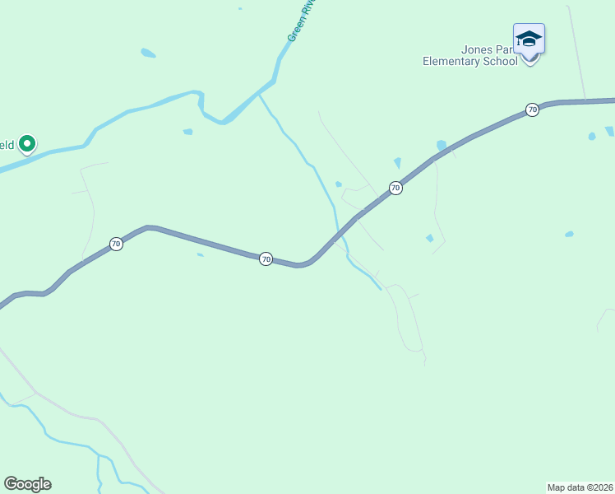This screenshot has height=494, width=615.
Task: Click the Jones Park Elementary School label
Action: [x=470, y=55]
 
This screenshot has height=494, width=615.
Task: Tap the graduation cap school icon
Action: [x=529, y=39]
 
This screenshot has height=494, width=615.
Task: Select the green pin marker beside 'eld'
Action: [x=27, y=145]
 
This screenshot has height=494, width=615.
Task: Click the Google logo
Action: [x=27, y=484]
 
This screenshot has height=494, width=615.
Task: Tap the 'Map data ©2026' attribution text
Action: [x=580, y=487]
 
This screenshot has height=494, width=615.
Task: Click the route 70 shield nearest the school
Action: [x=532, y=110]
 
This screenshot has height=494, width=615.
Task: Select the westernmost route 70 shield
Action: [x=116, y=244]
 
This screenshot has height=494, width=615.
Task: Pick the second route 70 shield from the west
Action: [x=266, y=259]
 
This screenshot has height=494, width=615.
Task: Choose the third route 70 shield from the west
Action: [x=395, y=188]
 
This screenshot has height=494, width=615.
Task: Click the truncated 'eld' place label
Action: [x=7, y=146]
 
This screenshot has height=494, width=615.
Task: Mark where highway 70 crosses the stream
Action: [x=340, y=233]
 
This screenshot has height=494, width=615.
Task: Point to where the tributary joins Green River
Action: [x=260, y=94]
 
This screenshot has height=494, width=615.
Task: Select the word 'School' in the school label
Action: [x=501, y=61]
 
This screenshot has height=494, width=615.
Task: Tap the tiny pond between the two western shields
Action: [x=200, y=254]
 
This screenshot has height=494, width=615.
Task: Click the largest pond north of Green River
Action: [x=148, y=54]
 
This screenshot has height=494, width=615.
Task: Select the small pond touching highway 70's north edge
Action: [x=442, y=145]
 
